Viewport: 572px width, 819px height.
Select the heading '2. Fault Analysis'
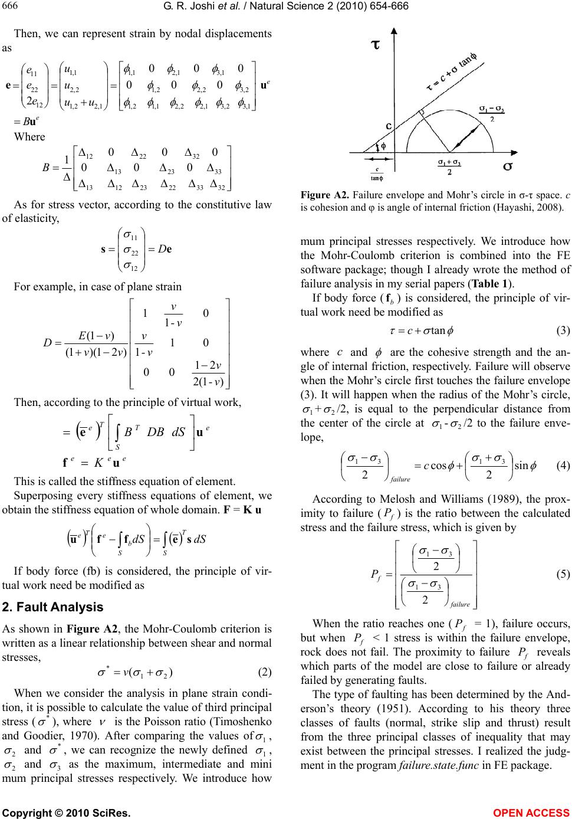(53, 607)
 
